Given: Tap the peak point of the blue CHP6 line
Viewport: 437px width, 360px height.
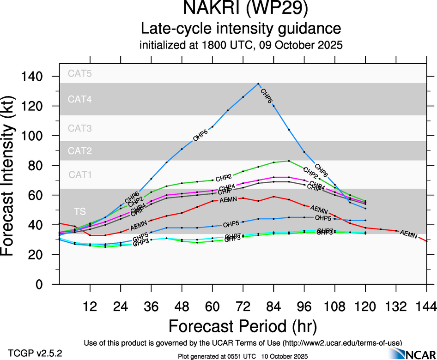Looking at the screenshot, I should [258, 84].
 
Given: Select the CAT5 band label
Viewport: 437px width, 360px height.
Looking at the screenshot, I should [80, 73].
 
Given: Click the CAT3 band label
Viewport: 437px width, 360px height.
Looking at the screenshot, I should [80, 128].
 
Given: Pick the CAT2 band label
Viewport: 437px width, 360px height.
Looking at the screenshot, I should [80, 151].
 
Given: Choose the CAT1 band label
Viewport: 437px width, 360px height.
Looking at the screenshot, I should [80, 175].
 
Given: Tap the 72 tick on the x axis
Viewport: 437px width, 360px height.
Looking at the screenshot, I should [243, 306].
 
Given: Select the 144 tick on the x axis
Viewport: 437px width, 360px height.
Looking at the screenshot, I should [426, 306].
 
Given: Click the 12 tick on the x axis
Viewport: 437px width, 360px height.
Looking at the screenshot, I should [90, 306].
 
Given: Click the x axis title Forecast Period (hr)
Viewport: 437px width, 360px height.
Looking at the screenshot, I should [242, 326].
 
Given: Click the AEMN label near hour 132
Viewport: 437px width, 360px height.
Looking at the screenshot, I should [408, 234].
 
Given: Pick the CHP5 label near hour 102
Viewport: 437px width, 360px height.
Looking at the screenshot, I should [323, 218].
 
